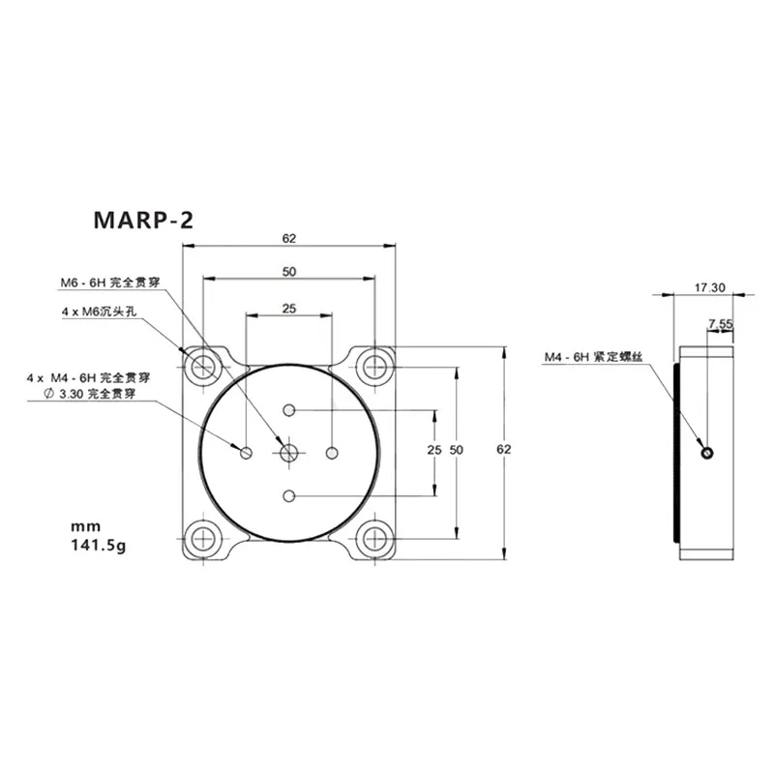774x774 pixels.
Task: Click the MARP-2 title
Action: click(143, 220)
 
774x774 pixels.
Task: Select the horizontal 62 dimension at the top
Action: click(288, 238)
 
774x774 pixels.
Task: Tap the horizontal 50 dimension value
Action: click(288, 273)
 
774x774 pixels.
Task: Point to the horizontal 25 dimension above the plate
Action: click(288, 309)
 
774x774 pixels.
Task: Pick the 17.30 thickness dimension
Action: click(709, 287)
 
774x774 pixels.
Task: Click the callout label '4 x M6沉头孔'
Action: click(101, 312)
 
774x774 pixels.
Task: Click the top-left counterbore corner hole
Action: click(204, 367)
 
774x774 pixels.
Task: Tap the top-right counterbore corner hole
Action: click(373, 367)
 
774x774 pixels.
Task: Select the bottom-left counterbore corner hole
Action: click(204, 538)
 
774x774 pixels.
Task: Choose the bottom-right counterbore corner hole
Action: click(373, 538)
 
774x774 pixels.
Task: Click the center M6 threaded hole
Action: click(288, 452)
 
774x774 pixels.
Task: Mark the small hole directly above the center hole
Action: click(288, 409)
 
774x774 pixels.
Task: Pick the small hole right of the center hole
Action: click(332, 452)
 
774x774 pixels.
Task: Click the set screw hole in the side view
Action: click(709, 452)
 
